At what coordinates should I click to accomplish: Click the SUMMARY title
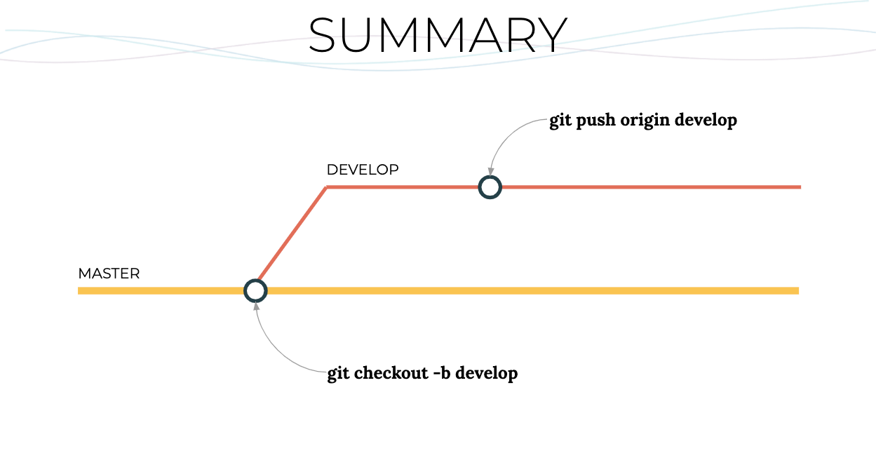(x=438, y=35)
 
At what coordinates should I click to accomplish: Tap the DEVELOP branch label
(x=363, y=170)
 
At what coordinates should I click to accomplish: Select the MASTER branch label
(x=109, y=274)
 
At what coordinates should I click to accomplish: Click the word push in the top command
(x=596, y=121)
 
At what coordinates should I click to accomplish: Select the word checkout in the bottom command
(x=391, y=372)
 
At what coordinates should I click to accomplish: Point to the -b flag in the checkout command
(x=442, y=372)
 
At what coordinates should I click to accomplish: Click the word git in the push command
(x=560, y=121)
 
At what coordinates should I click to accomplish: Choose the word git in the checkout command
(x=338, y=374)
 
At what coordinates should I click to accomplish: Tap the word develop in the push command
(x=706, y=121)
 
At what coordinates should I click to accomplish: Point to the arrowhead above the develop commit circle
(x=491, y=172)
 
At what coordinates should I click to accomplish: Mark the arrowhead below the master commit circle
(x=256, y=306)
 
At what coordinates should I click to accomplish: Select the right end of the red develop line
(x=800, y=187)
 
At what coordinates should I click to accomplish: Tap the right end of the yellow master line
(x=798, y=291)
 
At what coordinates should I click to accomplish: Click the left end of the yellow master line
(x=79, y=291)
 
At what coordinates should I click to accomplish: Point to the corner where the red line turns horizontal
(x=327, y=187)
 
